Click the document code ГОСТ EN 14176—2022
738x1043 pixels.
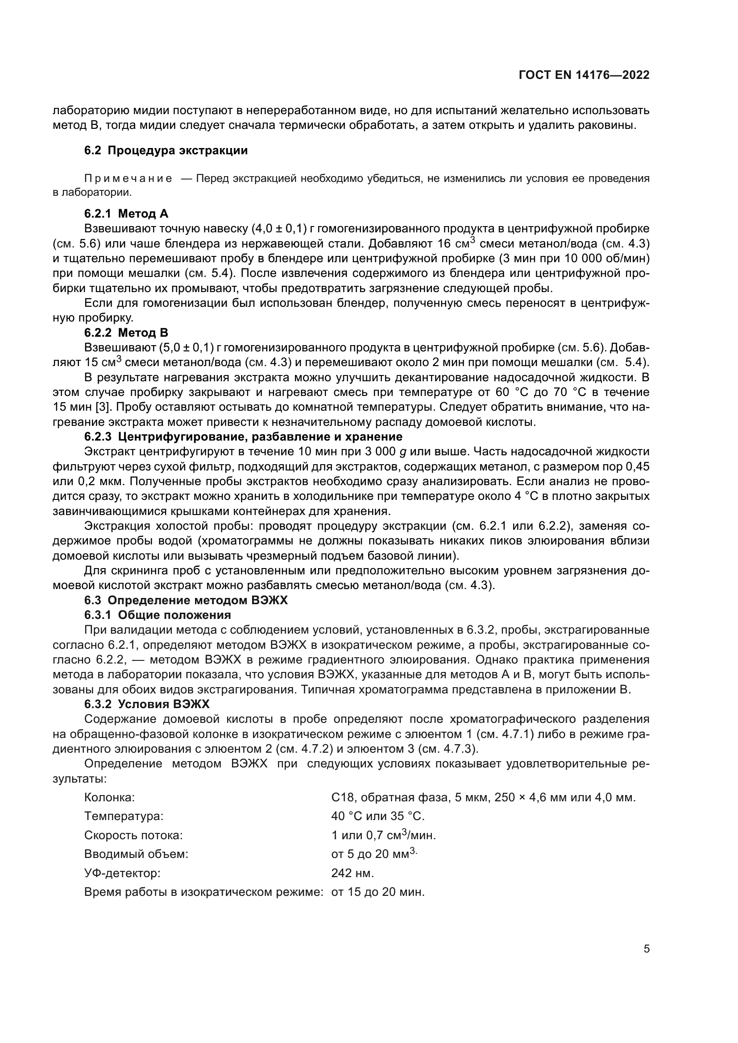[584, 75]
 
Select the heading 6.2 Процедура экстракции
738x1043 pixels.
[166, 150]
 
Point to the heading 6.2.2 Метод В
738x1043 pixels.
[126, 333]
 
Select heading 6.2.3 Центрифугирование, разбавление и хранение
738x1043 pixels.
[243, 437]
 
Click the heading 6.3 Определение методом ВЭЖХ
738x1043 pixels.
[186, 601]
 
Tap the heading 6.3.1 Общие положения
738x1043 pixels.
[157, 615]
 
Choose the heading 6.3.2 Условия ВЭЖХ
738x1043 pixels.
[147, 705]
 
